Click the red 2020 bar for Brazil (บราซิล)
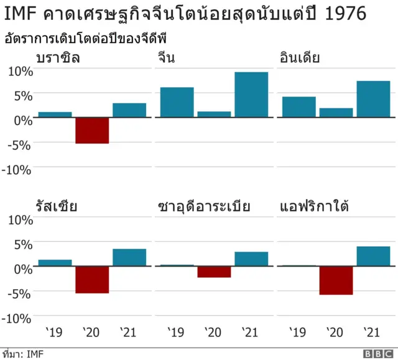pos(92,131)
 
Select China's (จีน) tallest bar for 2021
pos(251,95)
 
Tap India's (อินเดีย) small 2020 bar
pos(336,113)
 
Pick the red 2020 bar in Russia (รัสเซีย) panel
pos(92,280)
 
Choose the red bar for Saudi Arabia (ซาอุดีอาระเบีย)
pos(214,272)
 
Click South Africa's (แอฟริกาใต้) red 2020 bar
pos(336,280)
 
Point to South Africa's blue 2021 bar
pos(373,256)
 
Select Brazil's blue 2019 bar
pos(55,114)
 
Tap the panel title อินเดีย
pos(300,59)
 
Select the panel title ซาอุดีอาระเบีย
pos(204,206)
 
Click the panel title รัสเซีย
pos(57,206)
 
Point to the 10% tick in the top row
pos(20,70)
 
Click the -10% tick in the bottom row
pos(18,318)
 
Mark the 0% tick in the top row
pos(22,119)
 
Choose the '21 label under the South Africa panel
pos(371,333)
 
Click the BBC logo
pos(376,354)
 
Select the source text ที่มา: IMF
pos(23,354)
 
